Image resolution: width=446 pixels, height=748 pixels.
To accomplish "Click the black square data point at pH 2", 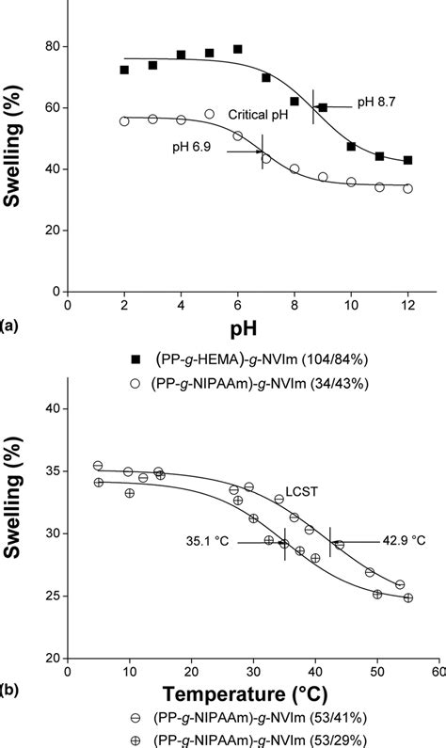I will point(124,70).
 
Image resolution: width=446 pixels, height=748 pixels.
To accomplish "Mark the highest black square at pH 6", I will point(238,49).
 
